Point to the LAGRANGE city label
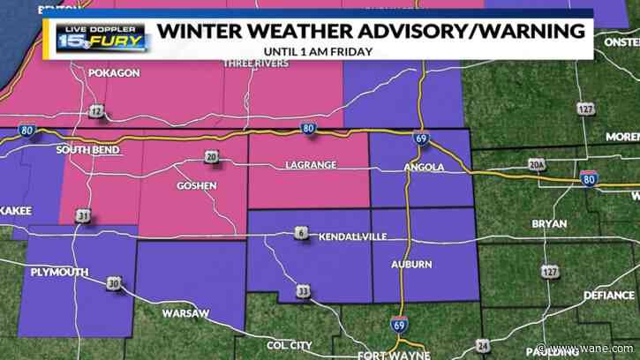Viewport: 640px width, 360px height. [x=308, y=165]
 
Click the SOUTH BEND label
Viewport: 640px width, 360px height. [x=81, y=150]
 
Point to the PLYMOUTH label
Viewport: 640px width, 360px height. [x=58, y=272]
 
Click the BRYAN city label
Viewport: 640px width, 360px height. [x=549, y=224]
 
